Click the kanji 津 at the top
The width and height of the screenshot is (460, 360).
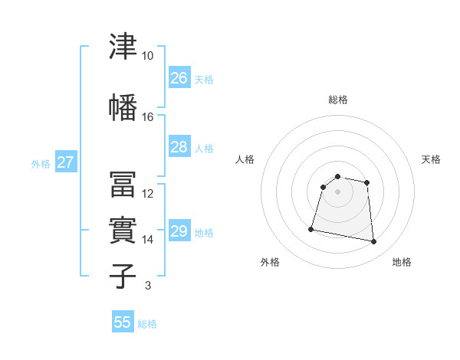tap(123, 46)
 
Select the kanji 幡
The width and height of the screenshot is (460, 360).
tap(123, 107)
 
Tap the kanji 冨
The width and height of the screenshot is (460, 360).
tap(123, 184)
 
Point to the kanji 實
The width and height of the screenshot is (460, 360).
tap(123, 230)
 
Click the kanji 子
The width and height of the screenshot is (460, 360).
tap(123, 277)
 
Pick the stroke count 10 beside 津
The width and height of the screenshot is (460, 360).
tap(147, 56)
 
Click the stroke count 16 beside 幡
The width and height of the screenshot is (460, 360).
tap(147, 117)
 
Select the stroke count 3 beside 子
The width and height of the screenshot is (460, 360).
tap(148, 285)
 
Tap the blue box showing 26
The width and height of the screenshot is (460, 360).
tap(179, 77)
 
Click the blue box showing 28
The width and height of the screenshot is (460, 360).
tap(179, 146)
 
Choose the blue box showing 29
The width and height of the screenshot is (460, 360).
tap(179, 230)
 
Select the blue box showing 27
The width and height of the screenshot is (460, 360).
tap(66, 161)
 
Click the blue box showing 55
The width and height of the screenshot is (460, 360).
tap(123, 321)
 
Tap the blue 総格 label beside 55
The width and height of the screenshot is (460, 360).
tap(147, 324)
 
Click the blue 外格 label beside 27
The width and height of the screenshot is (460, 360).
tap(41, 164)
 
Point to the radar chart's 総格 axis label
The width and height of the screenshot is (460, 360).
tap(338, 100)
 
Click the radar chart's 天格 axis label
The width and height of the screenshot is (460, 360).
tap(431, 159)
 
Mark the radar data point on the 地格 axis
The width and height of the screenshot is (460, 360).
tap(373, 241)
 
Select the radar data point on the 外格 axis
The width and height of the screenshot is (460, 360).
tap(311, 229)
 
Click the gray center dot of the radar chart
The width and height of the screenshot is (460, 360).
tap(337, 191)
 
